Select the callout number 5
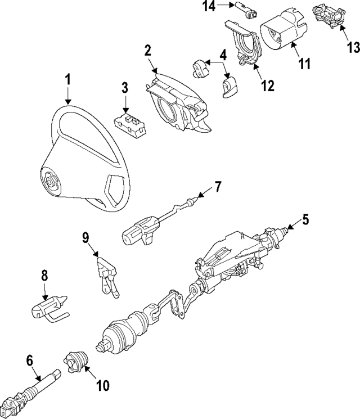coord(305,219)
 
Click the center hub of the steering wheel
coord(52,181)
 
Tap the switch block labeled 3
coord(130,124)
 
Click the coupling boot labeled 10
coord(77,360)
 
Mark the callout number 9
coord(85,238)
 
